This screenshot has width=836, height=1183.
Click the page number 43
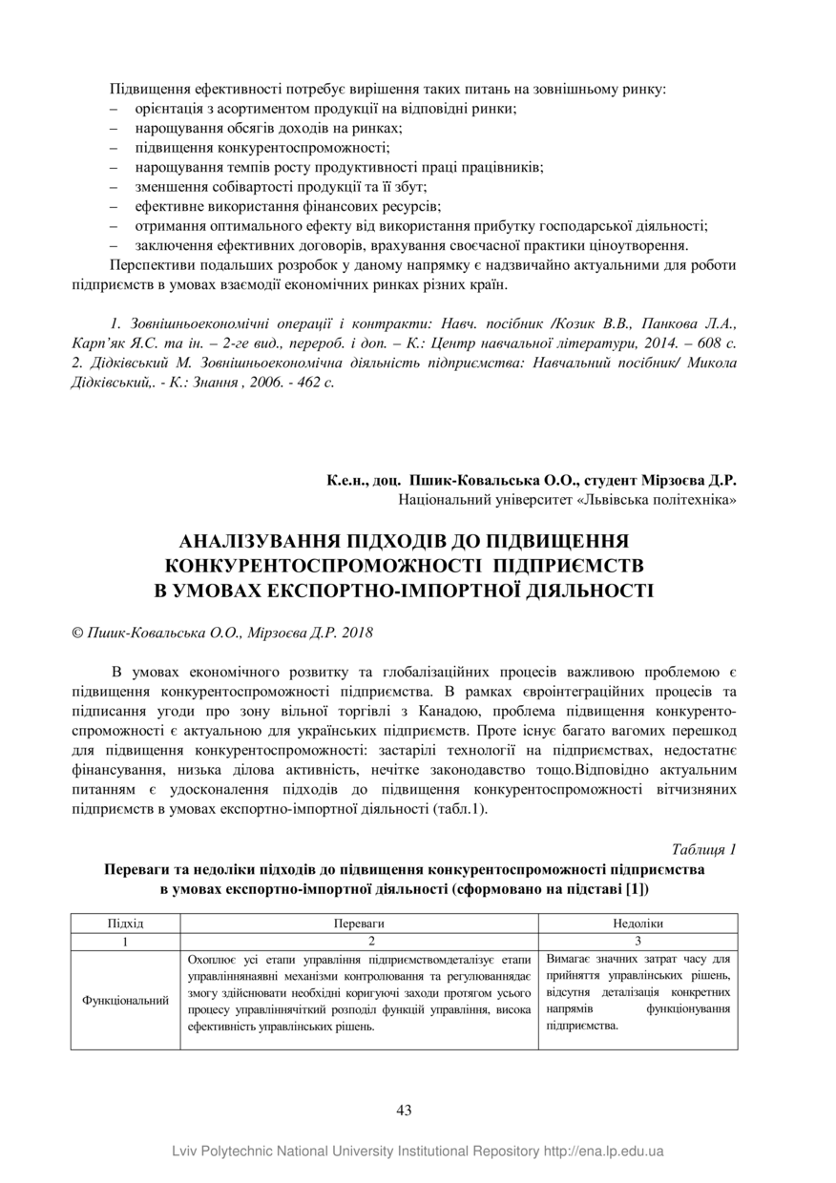403,1110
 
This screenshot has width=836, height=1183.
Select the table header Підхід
125,924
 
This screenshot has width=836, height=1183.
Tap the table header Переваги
359,924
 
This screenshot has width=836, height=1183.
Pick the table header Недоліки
637,924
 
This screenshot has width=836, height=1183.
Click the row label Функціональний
125,1001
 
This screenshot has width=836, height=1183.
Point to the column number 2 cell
359,941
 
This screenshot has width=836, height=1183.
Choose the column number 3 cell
637,941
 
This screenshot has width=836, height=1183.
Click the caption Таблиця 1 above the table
704,849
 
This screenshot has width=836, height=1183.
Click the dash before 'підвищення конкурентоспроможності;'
115,148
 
